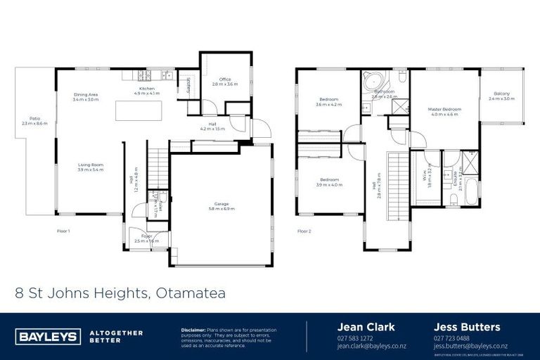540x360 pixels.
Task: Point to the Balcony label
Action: click(501, 96)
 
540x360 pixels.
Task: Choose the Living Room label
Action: click(91, 167)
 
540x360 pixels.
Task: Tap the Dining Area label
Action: click(86, 96)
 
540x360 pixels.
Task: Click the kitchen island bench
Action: click(139, 110)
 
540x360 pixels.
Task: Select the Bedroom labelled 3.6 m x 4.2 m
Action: click(329, 102)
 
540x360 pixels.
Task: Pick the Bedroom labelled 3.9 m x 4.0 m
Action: click(329, 182)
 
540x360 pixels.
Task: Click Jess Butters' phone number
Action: click(451, 338)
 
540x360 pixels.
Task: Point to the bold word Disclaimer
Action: click(193, 330)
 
